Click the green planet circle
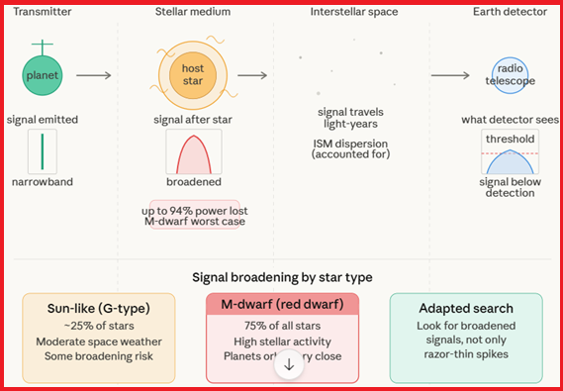pos(43,75)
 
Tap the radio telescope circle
pos(508,75)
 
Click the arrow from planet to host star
pos(94,75)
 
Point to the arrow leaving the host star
pos(252,75)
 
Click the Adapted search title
pos(465,307)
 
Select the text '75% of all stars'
pos(282,327)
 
